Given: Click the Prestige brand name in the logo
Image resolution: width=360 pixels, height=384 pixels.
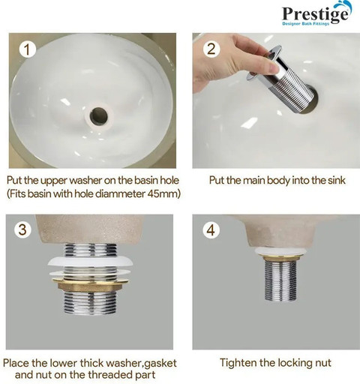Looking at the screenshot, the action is [315, 14].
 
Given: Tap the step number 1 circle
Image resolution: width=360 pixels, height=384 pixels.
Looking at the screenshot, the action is [27, 49].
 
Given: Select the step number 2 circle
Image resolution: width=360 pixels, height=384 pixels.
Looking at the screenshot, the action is [211, 49].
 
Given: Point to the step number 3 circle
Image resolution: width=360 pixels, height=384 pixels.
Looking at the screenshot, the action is [22, 229].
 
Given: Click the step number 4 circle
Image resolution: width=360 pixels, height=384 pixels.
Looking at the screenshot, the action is [211, 229].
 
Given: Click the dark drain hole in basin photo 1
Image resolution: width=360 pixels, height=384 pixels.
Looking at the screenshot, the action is [98, 116].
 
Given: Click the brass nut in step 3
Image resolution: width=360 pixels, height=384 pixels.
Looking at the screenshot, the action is [91, 286].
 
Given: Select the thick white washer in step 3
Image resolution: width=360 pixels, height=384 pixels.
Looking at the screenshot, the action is [91, 262].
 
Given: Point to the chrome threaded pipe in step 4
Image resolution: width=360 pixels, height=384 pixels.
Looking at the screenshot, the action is [280, 280].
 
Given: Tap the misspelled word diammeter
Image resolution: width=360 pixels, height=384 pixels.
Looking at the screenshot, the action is [120, 193].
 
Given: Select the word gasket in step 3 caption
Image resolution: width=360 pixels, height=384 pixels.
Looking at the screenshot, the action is [160, 364].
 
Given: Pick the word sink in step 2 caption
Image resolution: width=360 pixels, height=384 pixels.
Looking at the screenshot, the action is [337, 180].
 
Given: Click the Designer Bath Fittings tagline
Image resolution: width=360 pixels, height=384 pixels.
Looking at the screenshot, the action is [305, 24].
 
